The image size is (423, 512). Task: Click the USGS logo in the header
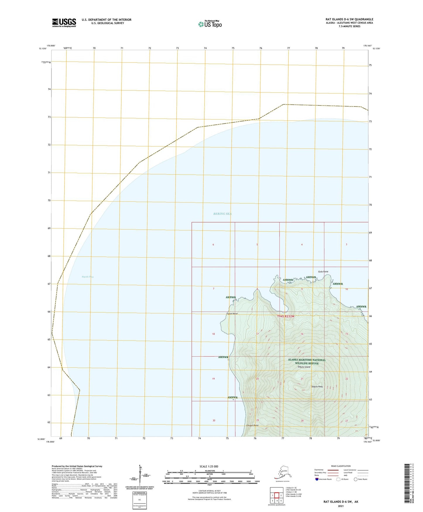click(64, 23)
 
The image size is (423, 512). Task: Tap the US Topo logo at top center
click(210, 24)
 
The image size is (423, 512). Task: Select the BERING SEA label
click(222, 214)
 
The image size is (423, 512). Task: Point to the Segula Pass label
click(88, 277)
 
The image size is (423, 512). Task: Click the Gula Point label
click(323, 272)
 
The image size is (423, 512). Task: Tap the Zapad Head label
click(232, 314)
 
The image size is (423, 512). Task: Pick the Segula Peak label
click(317, 386)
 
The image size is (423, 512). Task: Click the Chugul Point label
click(252, 425)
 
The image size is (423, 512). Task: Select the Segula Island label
click(304, 367)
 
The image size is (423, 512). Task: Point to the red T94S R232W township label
click(285, 316)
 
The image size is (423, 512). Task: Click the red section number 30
click(214, 421)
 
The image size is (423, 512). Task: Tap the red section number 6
click(213, 245)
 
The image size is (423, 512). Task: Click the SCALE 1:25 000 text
click(209, 466)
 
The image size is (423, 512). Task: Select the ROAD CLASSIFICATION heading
click(341, 466)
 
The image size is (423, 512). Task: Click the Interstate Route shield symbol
click(317, 479)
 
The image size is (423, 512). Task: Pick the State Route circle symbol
click(356, 479)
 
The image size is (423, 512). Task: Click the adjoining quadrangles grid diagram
click(277, 495)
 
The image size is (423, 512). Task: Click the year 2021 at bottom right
click(341, 506)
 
